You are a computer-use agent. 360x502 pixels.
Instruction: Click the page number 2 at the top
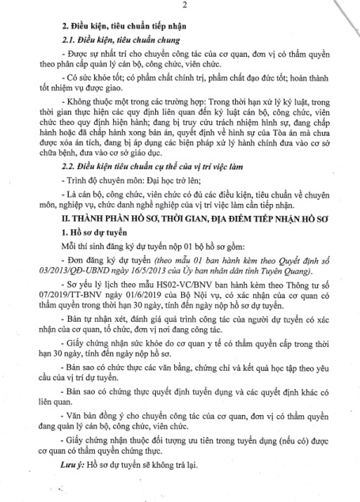[x=183, y=7]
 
